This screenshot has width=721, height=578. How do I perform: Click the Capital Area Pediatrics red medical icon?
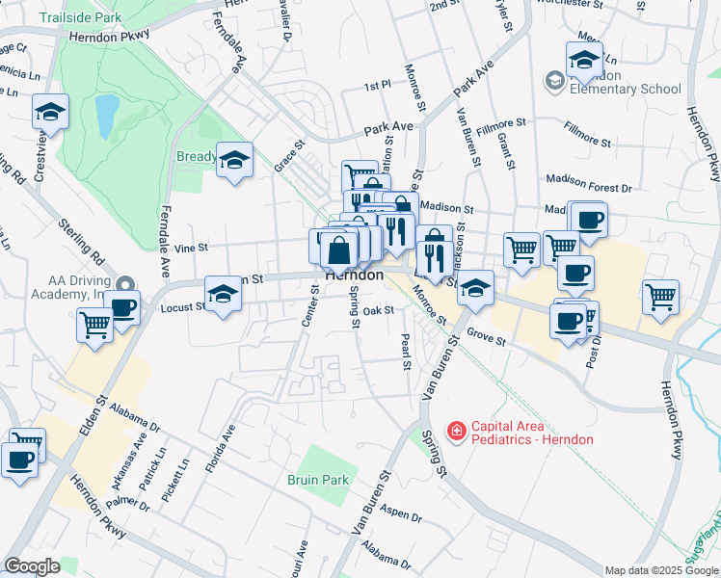456,432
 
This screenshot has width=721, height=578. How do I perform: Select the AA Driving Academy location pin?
124,285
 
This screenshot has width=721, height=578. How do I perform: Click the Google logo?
32,566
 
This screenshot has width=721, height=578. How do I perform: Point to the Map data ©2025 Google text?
661,570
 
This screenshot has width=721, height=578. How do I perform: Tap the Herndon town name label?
354,275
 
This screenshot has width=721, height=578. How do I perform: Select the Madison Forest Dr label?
588,190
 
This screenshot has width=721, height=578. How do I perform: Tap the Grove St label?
486,339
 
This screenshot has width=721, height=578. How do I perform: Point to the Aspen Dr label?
403,512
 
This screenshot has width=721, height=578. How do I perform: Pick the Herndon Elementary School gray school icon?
554,81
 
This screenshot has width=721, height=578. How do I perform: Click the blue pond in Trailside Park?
106,116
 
